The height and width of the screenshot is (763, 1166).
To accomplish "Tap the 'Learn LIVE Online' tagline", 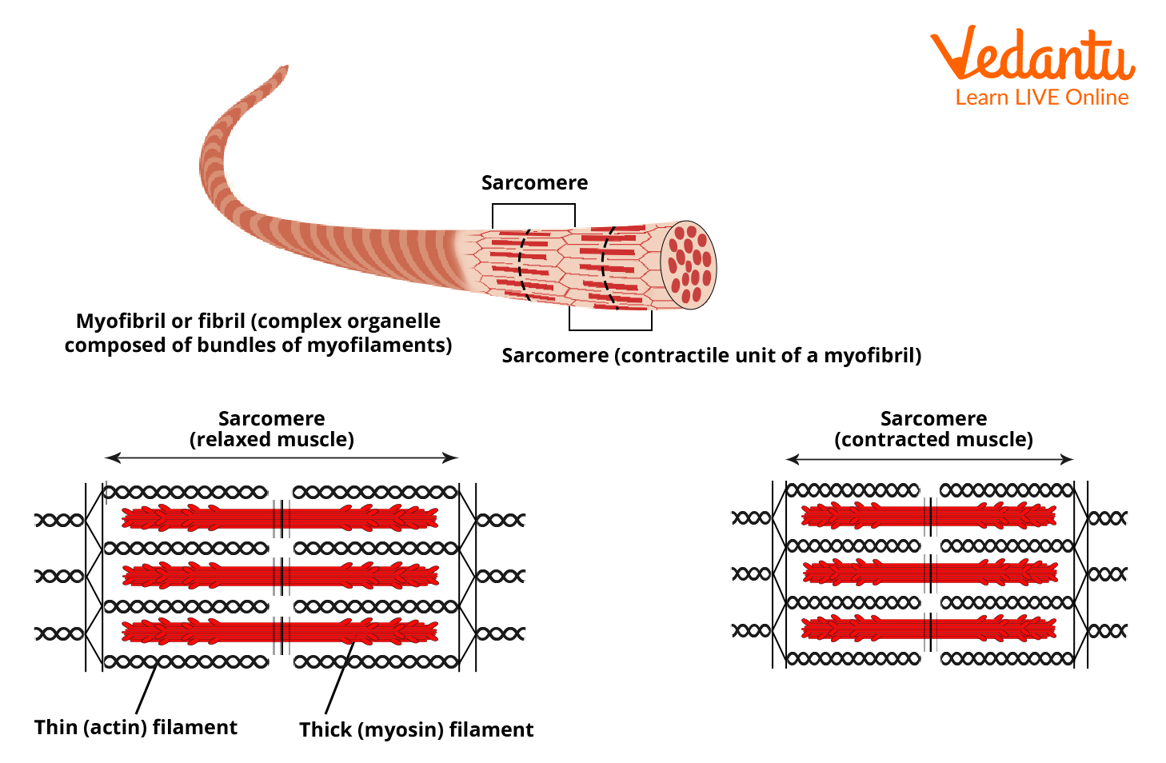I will click(1041, 98).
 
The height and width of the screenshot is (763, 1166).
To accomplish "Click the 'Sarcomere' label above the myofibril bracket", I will click(534, 183).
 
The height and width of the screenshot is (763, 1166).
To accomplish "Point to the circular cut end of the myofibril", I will click(689, 266).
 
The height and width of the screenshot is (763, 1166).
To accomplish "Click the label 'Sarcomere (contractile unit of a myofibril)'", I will click(711, 356).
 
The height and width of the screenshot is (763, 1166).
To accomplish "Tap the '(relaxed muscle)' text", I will click(272, 439).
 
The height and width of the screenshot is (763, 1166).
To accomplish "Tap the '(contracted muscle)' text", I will click(933, 439).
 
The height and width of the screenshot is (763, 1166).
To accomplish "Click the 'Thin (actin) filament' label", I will click(136, 727).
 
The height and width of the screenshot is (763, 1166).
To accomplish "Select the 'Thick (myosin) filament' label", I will click(416, 729).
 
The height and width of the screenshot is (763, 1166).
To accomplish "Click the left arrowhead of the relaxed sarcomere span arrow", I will click(113, 457).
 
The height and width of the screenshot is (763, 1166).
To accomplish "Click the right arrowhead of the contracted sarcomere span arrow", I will click(1067, 459).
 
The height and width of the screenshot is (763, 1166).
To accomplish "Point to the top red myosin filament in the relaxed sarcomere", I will click(280, 518).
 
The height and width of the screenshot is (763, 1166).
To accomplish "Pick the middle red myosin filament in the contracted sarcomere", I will click(930, 573).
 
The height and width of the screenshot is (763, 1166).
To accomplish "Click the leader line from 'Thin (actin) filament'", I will click(146, 689).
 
